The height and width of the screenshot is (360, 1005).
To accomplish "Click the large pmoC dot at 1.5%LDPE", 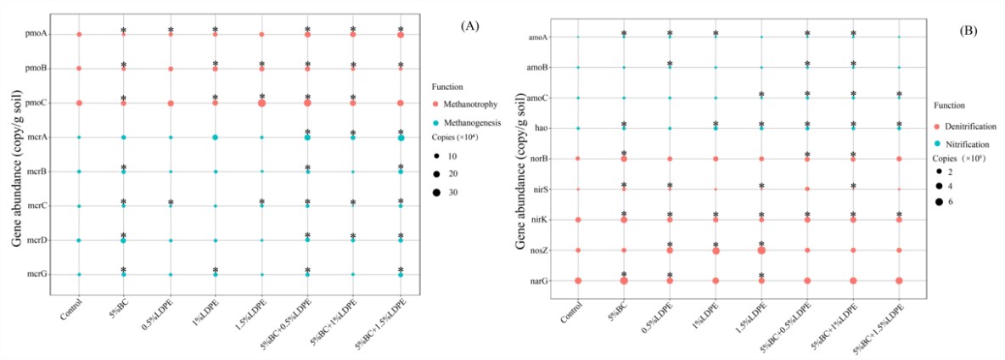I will (261, 103).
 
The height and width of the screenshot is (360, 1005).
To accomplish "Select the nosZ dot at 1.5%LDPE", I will (761, 250).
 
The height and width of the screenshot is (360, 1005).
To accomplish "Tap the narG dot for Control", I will (578, 280).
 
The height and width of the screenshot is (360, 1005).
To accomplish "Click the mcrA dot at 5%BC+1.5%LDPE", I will (400, 138).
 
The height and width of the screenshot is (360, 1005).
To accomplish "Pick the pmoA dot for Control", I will (79, 34).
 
